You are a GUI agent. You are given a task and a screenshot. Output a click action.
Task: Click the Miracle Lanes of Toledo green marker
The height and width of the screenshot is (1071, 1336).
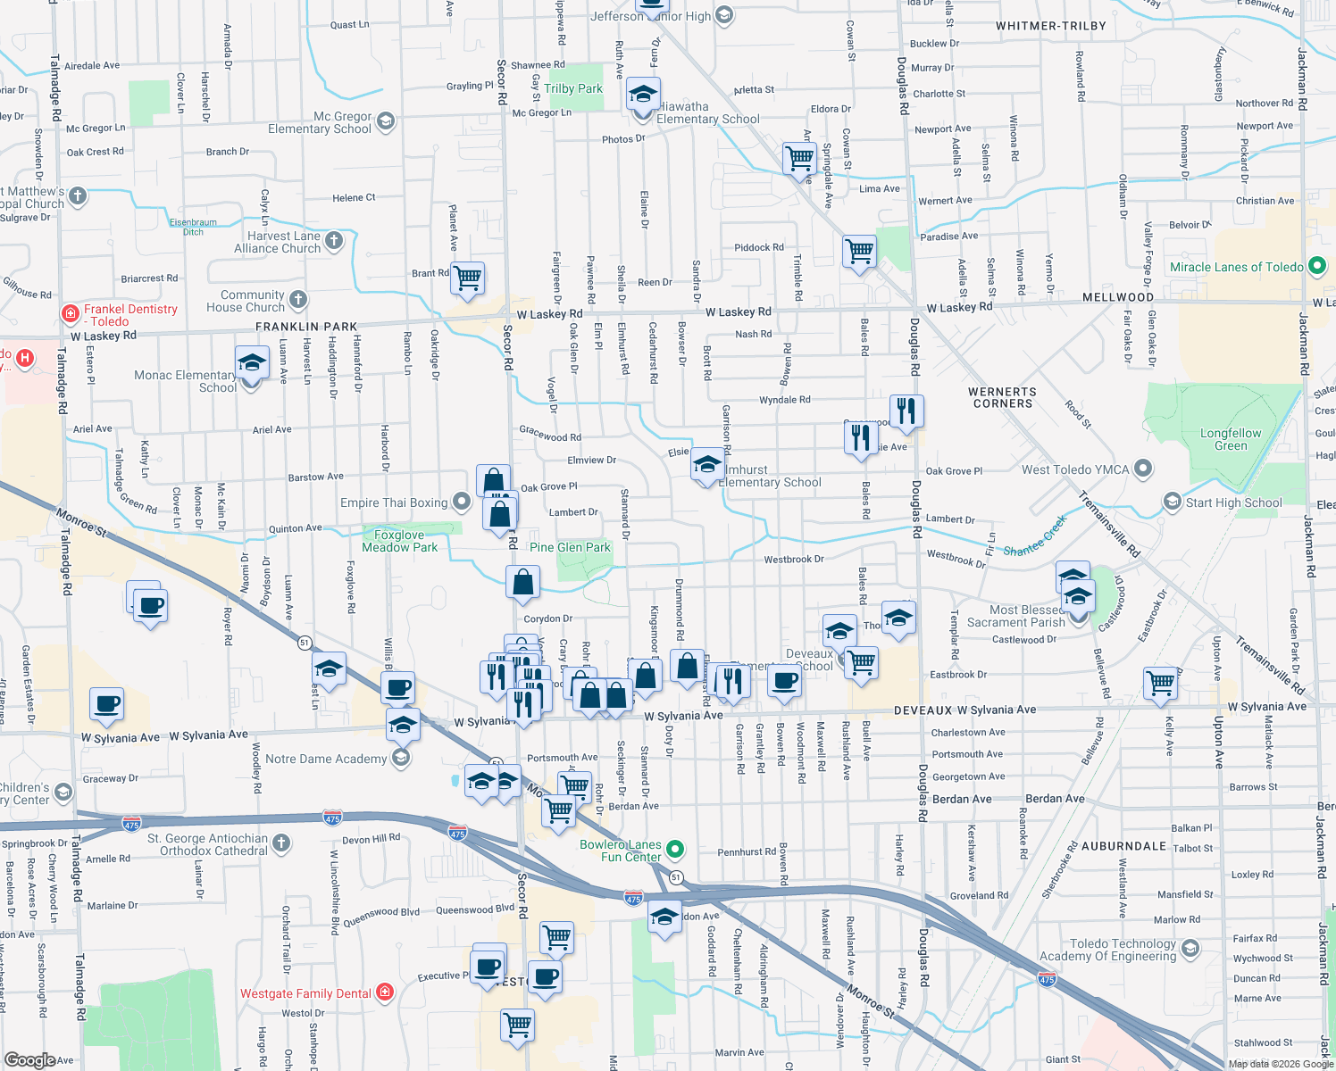(1316, 266)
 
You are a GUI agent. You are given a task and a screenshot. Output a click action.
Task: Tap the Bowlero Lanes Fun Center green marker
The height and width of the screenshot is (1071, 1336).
(675, 849)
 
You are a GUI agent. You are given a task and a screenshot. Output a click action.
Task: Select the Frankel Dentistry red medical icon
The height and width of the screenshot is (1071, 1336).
(71, 314)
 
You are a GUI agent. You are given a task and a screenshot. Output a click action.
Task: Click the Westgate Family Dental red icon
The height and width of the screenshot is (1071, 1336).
(385, 992)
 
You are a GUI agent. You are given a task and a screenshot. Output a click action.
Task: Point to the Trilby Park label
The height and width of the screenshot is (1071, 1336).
(573, 88)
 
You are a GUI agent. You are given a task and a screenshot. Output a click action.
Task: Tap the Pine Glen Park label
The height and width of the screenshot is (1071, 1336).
(571, 547)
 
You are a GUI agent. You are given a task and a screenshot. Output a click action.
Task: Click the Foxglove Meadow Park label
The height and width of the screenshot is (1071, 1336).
(399, 541)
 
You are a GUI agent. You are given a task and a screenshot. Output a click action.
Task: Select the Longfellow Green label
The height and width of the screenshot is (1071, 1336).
(1231, 439)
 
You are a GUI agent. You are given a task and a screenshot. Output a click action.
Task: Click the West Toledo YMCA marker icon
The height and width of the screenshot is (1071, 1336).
(1143, 469)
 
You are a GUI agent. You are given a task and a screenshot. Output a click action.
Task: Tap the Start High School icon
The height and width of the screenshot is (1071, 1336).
(1173, 502)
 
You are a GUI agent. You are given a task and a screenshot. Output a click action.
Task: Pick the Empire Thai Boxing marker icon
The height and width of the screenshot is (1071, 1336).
(461, 502)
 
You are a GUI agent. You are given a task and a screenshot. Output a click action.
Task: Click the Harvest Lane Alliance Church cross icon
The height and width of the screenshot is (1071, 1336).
(334, 239)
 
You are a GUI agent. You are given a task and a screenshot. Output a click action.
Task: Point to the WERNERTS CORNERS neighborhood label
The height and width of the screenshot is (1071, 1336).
(1002, 397)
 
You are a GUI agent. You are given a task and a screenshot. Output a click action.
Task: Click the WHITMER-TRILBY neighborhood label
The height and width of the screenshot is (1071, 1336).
(1050, 26)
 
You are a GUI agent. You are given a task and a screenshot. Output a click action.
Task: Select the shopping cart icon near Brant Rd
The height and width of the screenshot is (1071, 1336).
(468, 278)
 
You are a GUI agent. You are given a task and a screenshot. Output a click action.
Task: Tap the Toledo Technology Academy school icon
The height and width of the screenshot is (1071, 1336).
(1190, 948)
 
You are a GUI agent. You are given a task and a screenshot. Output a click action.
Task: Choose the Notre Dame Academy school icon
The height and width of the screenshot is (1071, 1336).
(401, 759)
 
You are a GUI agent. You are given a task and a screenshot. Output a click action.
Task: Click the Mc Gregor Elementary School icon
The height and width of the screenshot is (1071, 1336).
(386, 121)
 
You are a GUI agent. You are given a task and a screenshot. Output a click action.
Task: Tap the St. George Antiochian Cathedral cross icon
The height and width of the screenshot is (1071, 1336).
(281, 843)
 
